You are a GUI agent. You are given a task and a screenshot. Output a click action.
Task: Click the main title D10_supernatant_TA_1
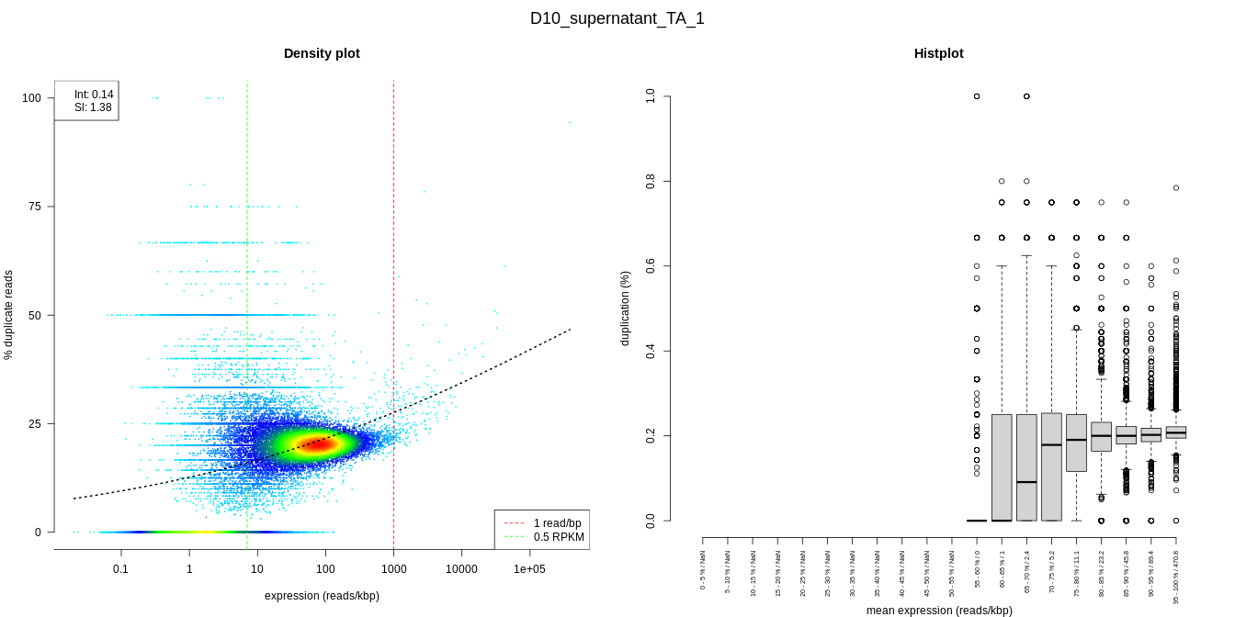(617, 18)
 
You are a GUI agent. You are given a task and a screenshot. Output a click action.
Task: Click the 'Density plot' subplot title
(322, 53)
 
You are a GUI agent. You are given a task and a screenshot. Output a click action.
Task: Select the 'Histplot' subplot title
(938, 53)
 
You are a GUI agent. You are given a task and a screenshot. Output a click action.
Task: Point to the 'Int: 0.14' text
(94, 95)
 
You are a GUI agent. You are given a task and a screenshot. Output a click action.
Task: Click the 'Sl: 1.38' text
(93, 107)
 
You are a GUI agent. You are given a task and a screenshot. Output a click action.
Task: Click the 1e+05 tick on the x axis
(529, 569)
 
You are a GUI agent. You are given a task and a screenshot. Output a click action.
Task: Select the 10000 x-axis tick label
(461, 569)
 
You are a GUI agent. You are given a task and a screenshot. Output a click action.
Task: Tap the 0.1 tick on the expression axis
(120, 569)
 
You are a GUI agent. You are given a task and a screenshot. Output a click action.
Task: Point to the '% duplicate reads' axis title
(9, 315)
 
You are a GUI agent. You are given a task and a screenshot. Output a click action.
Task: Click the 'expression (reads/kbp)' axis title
(322, 596)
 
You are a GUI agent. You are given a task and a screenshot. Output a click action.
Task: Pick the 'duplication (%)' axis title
(626, 308)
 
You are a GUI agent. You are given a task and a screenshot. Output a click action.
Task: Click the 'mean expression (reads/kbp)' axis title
(939, 611)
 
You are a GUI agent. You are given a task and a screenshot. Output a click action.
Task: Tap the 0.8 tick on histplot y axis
(651, 181)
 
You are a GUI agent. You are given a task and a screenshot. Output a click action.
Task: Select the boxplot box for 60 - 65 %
(1002, 467)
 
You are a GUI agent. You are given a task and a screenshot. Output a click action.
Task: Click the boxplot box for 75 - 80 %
(1076, 443)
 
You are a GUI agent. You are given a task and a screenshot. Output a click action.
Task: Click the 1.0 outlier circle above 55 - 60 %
(977, 96)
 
